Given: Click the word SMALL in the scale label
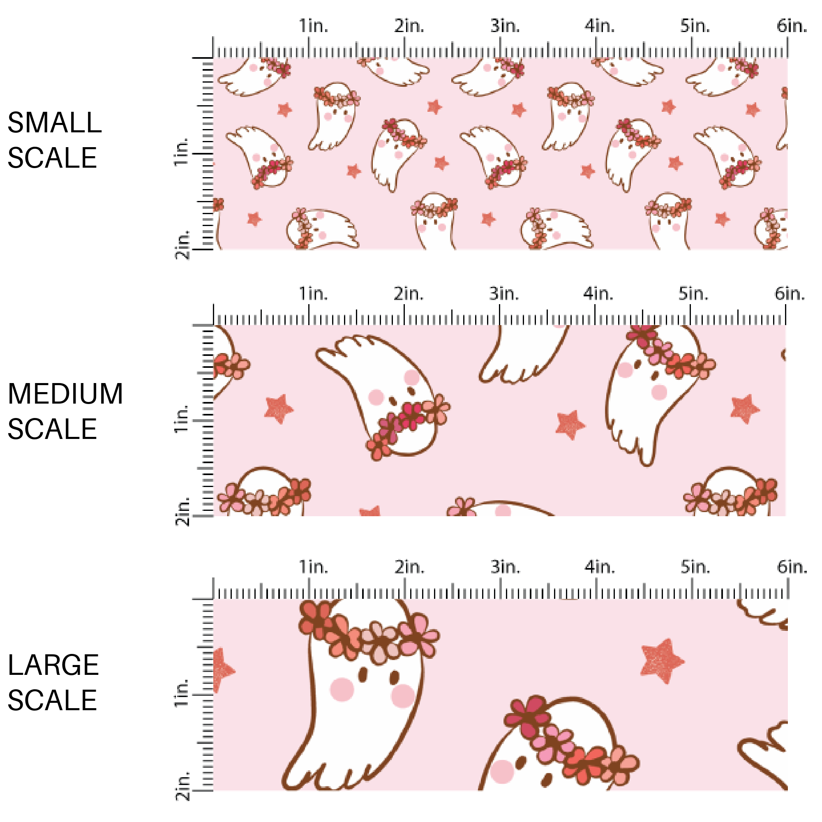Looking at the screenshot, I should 55,123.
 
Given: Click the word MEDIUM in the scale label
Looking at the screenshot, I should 65,394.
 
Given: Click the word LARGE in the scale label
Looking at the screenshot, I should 53,665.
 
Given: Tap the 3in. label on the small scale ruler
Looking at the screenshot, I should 505,26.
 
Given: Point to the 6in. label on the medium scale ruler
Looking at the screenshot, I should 790,293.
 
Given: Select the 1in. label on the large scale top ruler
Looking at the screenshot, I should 313,567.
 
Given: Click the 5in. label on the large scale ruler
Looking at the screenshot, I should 695,567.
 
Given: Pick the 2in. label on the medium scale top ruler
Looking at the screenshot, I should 409,293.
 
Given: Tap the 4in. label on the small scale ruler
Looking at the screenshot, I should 600,26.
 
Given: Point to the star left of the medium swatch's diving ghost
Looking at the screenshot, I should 279,409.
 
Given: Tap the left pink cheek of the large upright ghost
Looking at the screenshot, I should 342,689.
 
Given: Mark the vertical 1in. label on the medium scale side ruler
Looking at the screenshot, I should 181,419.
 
